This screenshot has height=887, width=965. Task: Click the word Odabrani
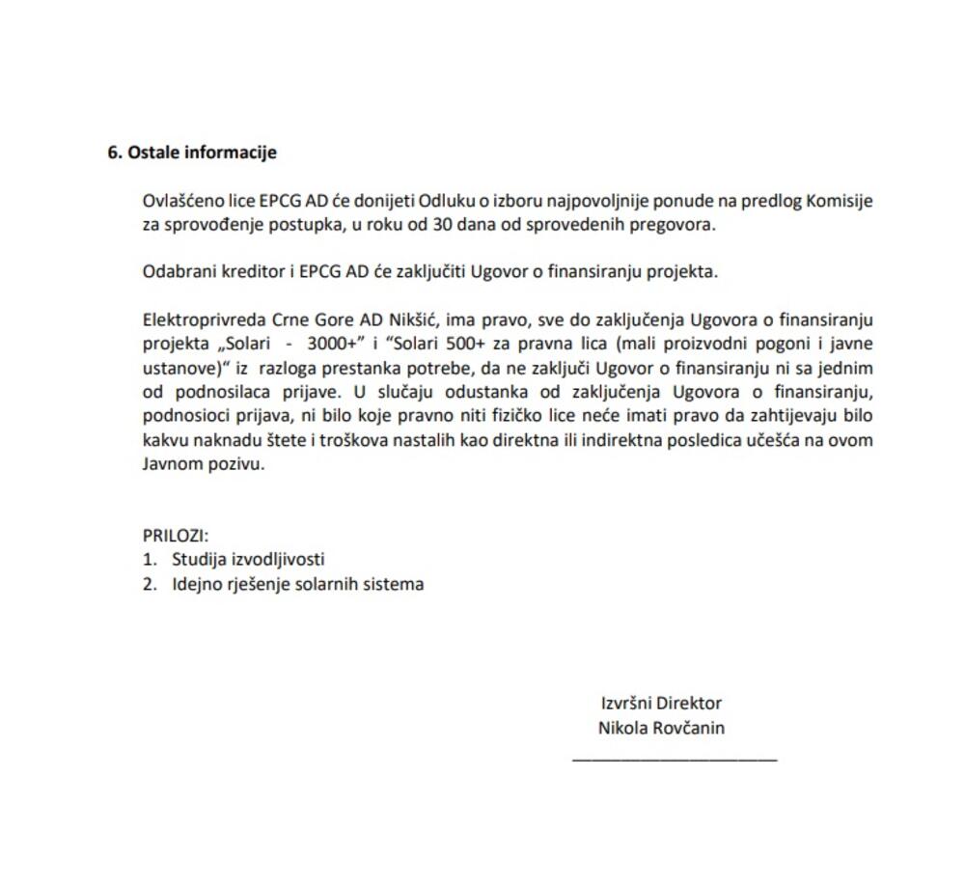point(176,271)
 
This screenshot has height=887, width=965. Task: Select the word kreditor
point(247,271)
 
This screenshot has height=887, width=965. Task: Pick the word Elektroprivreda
point(200,319)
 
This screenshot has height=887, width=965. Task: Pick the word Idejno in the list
point(198,584)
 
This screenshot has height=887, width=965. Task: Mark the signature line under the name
point(675,760)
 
